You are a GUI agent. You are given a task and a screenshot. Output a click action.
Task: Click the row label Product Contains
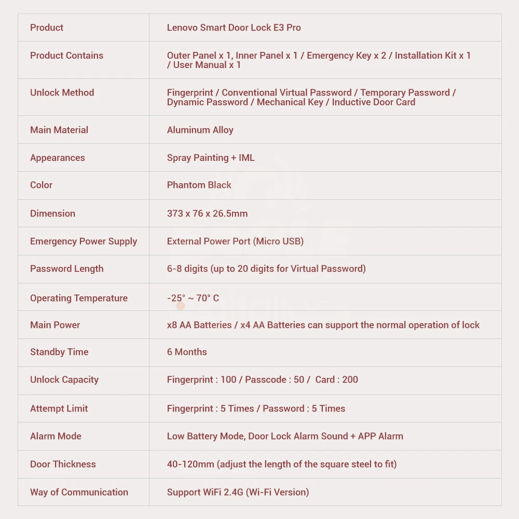[x=66, y=56]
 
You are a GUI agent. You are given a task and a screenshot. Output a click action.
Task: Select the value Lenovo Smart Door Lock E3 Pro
[x=234, y=28]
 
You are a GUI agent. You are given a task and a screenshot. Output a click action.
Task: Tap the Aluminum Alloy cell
[x=200, y=130]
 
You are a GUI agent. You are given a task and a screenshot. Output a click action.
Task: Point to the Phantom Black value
[x=199, y=185]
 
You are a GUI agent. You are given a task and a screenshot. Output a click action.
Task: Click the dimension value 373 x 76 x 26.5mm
[x=207, y=213]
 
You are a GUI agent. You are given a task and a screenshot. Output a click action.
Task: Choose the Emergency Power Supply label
[x=83, y=241]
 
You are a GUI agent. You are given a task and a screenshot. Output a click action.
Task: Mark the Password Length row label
[x=66, y=269]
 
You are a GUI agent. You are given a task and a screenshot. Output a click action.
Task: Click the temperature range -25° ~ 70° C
[x=193, y=298]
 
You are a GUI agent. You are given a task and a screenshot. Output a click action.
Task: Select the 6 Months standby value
[x=187, y=352]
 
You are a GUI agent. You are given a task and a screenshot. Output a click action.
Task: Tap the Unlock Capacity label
[x=64, y=379]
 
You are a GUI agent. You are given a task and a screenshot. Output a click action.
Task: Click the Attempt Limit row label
[x=59, y=408]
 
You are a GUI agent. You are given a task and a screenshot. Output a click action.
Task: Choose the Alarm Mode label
[x=56, y=436]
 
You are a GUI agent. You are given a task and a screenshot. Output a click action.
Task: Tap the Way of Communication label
[x=79, y=492]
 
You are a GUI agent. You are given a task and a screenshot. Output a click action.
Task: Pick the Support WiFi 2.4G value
[x=204, y=492]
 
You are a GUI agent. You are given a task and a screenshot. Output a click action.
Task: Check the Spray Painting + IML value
[x=211, y=158]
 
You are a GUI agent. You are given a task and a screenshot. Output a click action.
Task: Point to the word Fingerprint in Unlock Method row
[x=190, y=93]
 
